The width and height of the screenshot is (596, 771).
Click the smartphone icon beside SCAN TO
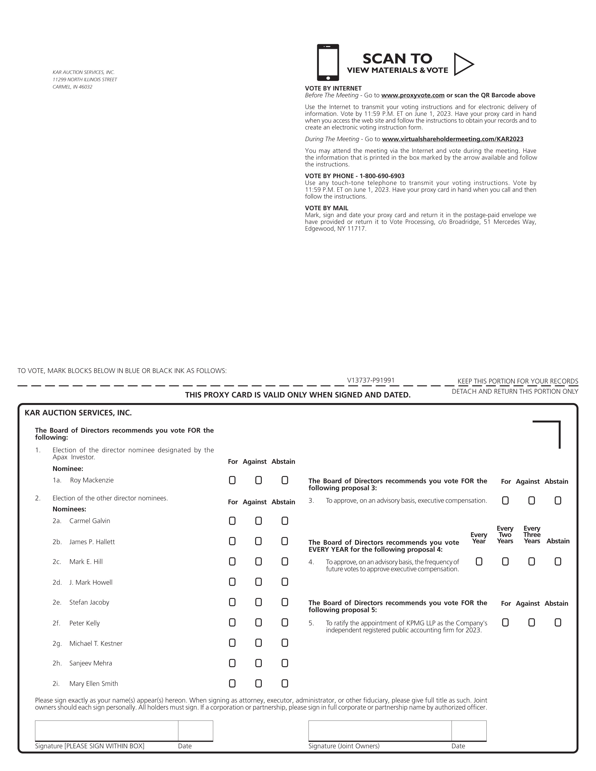pos(328,62)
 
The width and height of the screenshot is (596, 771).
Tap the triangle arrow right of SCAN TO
pos(463,64)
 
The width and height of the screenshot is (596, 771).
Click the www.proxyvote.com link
pos(413,95)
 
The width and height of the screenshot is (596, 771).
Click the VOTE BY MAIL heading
pos(327,208)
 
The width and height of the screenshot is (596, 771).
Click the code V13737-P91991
pos(371,380)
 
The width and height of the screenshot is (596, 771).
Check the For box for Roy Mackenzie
pos(232,480)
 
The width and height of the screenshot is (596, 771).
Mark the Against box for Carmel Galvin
pos(259,521)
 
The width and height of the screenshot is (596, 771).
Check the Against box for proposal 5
pos(531,622)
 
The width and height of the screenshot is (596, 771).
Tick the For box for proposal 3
pos(505,501)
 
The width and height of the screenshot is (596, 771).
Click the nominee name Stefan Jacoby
pos(89,602)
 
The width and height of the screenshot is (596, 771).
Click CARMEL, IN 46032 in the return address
pos(72,87)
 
